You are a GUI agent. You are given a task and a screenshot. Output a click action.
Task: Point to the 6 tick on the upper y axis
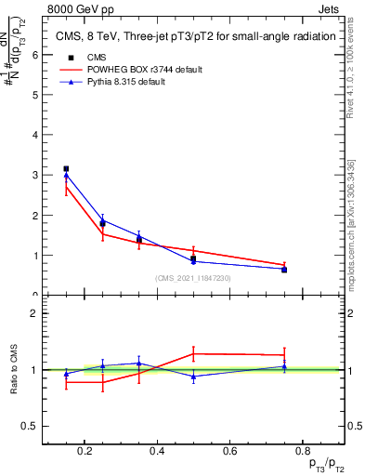(34, 54)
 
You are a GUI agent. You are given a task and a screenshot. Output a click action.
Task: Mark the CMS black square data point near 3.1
(66, 169)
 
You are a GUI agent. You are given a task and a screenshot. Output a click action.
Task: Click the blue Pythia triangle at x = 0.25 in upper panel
(102, 220)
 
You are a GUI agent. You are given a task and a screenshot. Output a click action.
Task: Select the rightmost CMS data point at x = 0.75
(284, 270)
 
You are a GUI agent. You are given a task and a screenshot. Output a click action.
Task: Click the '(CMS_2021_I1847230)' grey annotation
(193, 278)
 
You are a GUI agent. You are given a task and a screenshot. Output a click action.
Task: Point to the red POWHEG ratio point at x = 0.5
(193, 353)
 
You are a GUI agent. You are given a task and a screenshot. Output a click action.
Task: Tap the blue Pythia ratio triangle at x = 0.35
(138, 364)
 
